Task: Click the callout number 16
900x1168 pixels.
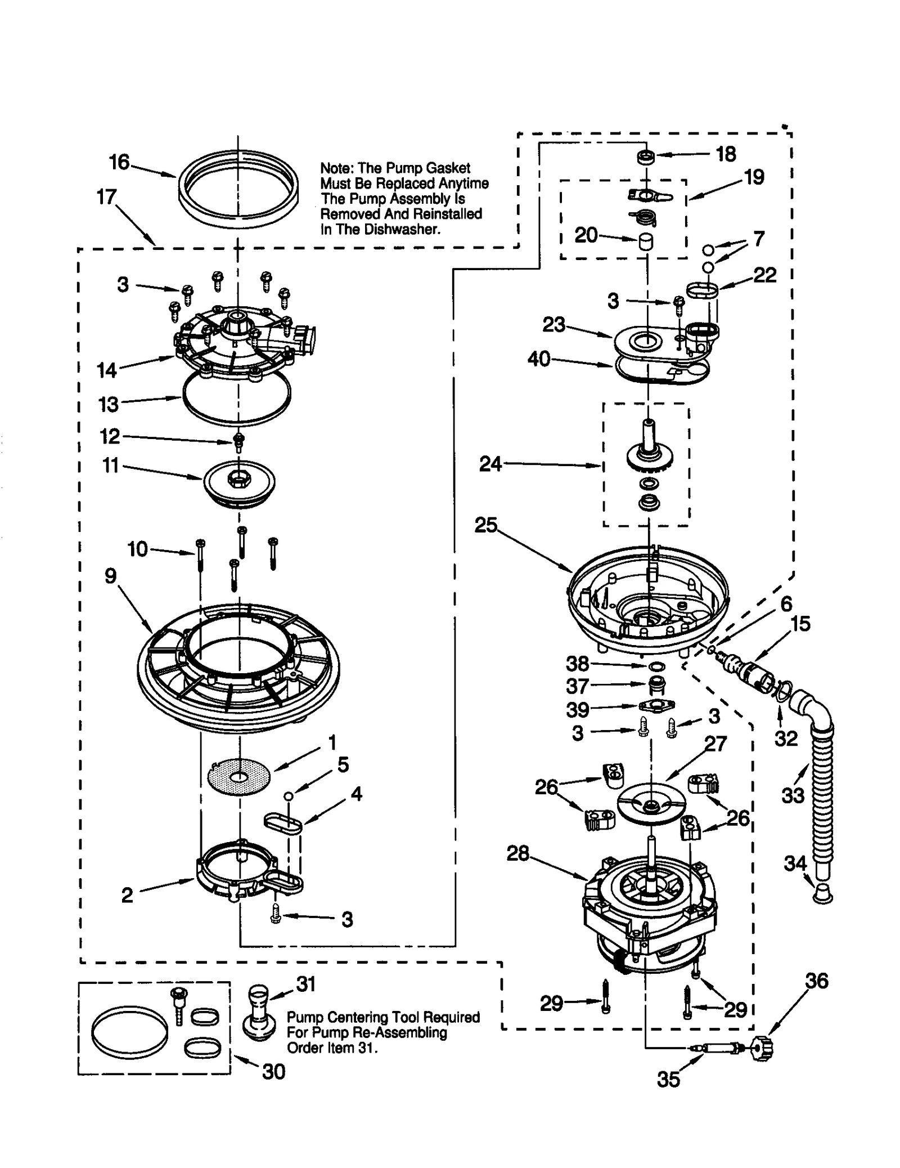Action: [x=119, y=162]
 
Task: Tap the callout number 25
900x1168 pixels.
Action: [x=486, y=525]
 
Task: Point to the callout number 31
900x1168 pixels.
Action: [x=306, y=984]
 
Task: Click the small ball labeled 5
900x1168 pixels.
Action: [x=288, y=795]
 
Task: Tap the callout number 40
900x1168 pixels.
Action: [x=538, y=359]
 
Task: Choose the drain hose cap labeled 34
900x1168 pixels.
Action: [x=823, y=892]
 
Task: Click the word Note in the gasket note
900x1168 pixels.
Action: [x=336, y=168]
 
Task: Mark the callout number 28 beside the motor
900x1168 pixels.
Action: [x=517, y=853]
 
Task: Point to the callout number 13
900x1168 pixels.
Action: [x=109, y=404]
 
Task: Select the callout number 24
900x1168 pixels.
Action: [x=490, y=464]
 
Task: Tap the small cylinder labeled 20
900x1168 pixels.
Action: [x=645, y=242]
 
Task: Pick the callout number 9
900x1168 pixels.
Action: [x=111, y=575]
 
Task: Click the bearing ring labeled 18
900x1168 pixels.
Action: [x=645, y=157]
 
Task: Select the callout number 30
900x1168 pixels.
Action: [x=274, y=1072]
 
